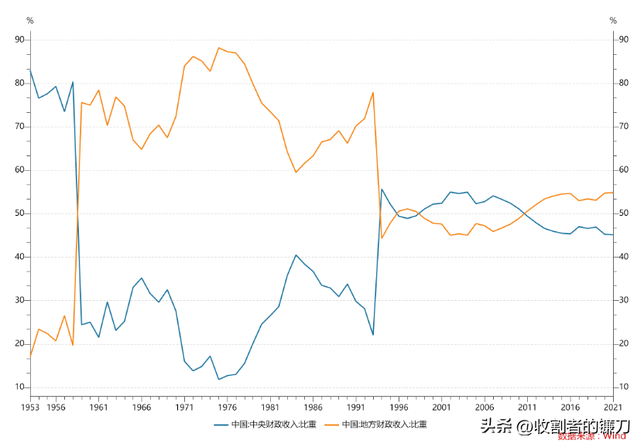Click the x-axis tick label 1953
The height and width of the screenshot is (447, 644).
coord(30,407)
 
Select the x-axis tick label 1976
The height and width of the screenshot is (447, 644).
coord(227,407)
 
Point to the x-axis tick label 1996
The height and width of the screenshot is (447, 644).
coord(398,407)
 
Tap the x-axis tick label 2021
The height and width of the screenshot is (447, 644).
coord(612,407)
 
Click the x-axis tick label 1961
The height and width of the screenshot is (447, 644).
coord(98,407)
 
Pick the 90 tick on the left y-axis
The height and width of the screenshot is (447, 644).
coord(19,39)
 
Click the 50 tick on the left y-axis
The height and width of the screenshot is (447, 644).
coord(19,213)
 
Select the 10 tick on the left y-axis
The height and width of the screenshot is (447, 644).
coord(19,387)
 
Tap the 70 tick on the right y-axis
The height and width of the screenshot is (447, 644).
coord(623,126)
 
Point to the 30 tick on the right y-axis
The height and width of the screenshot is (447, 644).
coord(623,300)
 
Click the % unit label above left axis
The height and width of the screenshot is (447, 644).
coord(29,21)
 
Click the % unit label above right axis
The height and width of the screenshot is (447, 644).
coord(613,21)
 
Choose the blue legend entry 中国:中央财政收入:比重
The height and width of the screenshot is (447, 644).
coord(265,425)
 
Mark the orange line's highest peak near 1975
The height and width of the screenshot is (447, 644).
coord(219,48)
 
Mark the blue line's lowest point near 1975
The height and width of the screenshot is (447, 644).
coord(219,379)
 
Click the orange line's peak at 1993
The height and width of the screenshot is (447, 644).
coord(373,93)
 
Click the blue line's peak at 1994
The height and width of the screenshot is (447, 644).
coord(382,189)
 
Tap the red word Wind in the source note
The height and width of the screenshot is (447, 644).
coord(615,436)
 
